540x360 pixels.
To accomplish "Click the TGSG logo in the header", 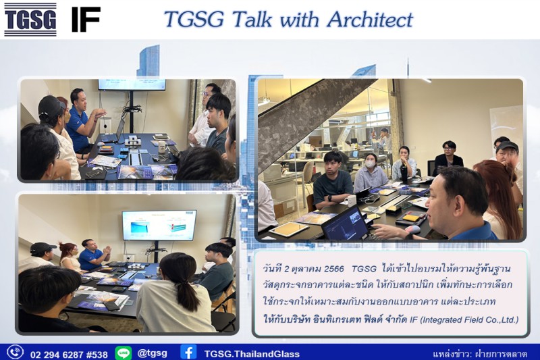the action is click(x=30, y=20).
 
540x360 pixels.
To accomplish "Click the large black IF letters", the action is click(x=86, y=20).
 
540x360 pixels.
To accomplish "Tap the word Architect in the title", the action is click(x=370, y=20).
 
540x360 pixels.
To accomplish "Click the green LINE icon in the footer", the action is click(x=123, y=353).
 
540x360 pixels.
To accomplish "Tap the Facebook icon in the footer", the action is click(x=188, y=352).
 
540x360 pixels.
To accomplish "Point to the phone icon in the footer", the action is click(x=16, y=352).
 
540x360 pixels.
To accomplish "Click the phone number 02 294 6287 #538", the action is click(x=69, y=354).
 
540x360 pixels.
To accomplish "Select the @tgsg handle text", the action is click(x=152, y=353).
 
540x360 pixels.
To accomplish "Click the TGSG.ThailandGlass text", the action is click(x=252, y=354).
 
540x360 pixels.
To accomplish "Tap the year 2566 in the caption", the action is click(x=333, y=269).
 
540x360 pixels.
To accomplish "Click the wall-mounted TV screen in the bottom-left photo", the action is click(x=159, y=225).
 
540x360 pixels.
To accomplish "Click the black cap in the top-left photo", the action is click(x=52, y=105).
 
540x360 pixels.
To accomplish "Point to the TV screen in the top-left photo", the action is click(x=132, y=84).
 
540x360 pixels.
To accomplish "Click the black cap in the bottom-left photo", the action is click(x=43, y=247).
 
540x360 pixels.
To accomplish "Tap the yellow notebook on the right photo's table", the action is click(x=411, y=217).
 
